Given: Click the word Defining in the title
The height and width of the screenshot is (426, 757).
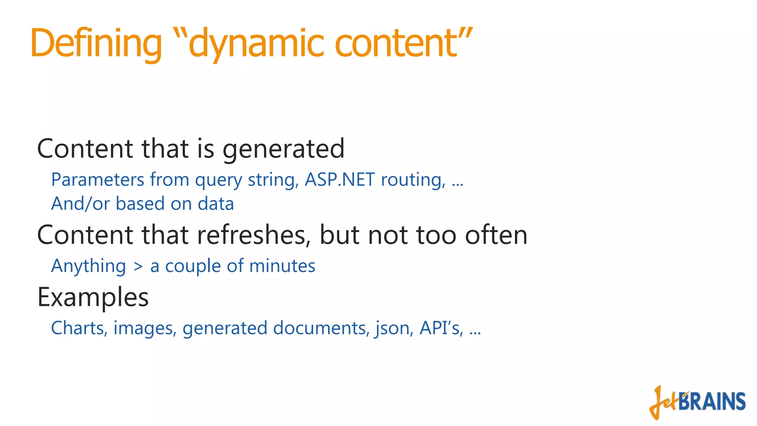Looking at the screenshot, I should coord(96,44).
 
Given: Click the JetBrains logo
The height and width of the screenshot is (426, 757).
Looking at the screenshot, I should coord(697,402).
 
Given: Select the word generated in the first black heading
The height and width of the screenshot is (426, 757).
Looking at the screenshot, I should coord(284,149).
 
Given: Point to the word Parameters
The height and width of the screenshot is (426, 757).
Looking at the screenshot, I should coord(98,180).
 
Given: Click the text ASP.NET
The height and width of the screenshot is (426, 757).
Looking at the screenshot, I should coord(340,180).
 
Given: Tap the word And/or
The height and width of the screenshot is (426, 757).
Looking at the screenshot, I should coord(81,204).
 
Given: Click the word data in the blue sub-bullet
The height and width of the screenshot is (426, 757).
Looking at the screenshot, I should coord(215,204).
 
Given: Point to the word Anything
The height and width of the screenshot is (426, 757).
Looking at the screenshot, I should coord(89,266).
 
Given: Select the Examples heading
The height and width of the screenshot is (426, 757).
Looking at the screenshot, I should coord(93,298).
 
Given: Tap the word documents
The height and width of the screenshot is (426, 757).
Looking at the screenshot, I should coord(320,328).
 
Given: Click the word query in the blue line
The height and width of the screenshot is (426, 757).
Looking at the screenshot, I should coord(218,180).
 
